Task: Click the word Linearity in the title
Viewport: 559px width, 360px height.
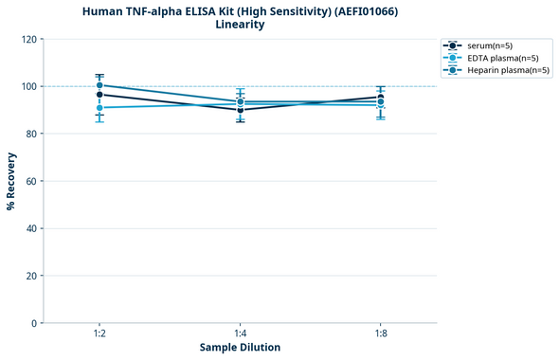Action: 240,25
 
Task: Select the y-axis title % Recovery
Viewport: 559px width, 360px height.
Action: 11,181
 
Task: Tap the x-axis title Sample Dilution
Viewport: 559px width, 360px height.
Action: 240,348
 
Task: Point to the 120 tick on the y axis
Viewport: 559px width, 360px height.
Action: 28,39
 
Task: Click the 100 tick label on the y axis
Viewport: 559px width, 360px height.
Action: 28,86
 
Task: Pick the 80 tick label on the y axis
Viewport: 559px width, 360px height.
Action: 30,134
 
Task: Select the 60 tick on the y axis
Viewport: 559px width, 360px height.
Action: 30,181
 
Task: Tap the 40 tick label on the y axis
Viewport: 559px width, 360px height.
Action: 30,228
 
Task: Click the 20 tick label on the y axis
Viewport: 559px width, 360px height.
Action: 30,276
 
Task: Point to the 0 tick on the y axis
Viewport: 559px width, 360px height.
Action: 33,323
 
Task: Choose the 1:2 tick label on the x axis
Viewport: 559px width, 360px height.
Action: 99,334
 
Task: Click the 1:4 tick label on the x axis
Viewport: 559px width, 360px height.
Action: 241,334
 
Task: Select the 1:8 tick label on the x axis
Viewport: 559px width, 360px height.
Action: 381,334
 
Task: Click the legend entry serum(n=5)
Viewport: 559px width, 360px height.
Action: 490,45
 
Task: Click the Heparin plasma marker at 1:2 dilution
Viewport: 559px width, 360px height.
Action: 99,85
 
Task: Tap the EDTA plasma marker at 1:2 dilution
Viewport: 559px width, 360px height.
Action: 99,108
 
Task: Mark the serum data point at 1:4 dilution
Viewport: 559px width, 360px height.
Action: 241,110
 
